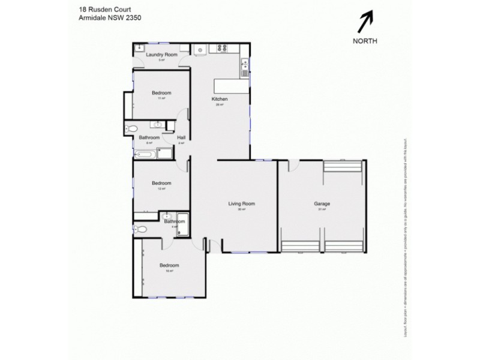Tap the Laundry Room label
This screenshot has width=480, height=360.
tap(161, 55)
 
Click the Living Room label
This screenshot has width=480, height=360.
tap(242, 203)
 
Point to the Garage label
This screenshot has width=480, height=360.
tap(322, 203)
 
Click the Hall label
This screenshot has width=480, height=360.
tap(181, 137)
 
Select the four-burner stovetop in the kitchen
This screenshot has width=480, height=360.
tap(223, 49)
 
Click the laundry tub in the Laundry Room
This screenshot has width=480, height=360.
tap(139, 48)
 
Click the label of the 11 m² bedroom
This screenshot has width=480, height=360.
tap(161, 92)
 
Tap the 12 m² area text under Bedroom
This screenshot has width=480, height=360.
tap(161, 188)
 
